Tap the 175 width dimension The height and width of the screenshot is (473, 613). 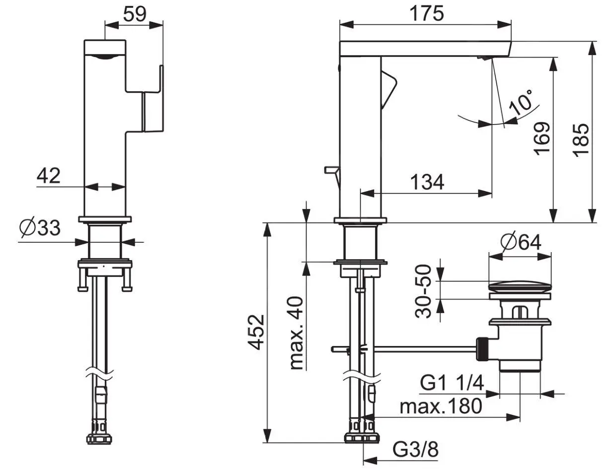tap(426, 14)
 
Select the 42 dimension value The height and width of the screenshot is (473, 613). tap(48, 176)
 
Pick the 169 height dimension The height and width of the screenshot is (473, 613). tap(542, 138)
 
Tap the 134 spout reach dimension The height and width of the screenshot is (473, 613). tap(427, 182)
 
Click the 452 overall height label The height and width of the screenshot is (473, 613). tap(256, 333)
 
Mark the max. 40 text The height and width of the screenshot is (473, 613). tap(296, 334)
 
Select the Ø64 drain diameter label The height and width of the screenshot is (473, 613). tap(521, 242)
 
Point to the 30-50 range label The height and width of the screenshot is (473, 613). tap(423, 291)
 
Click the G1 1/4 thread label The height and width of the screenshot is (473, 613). tap(452, 383)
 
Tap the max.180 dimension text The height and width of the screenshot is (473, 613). tap(441, 406)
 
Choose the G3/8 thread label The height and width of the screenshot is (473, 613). tap(415, 449)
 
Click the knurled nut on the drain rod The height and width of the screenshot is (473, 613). tap(483, 349)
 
